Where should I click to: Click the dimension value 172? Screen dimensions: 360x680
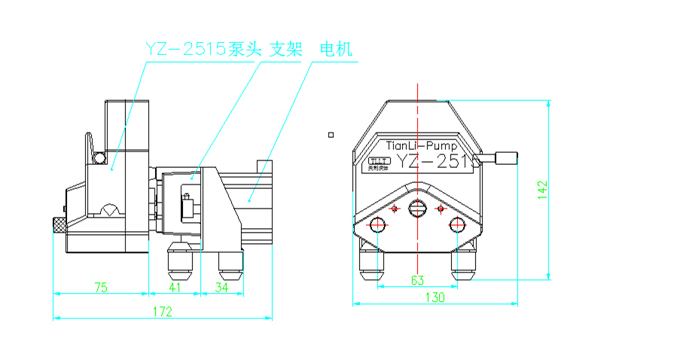tap(163, 311)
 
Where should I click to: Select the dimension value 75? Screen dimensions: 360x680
tap(100, 286)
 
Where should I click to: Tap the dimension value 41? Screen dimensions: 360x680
tap(175, 286)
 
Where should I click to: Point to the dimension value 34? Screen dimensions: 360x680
tap(221, 286)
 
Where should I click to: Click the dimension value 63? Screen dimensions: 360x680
tap(417, 281)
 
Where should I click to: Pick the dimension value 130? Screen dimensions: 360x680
tap(435, 297)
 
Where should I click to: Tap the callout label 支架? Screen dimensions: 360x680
tap(286, 50)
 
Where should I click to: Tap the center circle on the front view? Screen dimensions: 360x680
tap(417, 207)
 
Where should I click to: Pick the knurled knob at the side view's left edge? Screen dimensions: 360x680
tap(57, 224)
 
